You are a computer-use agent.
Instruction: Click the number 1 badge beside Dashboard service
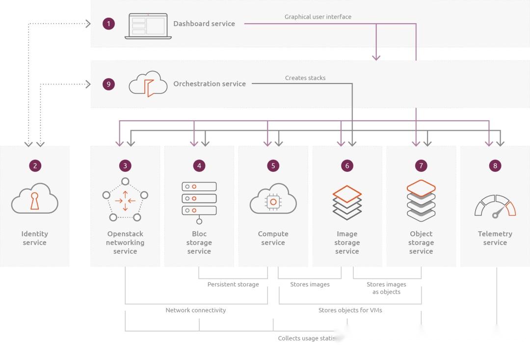[108, 24]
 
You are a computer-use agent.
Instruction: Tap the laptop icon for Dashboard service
[148, 26]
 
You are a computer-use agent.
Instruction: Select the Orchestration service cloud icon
[148, 83]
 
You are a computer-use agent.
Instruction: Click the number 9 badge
[108, 84]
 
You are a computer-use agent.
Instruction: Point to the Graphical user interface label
[318, 17]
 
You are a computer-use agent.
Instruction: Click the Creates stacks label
[305, 78]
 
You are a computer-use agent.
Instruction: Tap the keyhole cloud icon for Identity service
[35, 198]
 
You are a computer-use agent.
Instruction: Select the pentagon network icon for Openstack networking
[125, 199]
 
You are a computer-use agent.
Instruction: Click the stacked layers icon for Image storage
[347, 202]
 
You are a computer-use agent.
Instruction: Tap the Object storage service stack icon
[421, 200]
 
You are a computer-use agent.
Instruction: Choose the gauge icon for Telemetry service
[495, 206]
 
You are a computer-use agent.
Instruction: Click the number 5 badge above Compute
[273, 166]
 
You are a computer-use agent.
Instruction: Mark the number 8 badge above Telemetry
[495, 166]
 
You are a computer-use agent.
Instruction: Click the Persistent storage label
[233, 284]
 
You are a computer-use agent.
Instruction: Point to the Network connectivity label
[195, 310]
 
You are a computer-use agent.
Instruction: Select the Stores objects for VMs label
[350, 310]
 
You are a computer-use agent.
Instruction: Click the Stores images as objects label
[386, 288]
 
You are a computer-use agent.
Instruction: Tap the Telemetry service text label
[495, 238]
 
